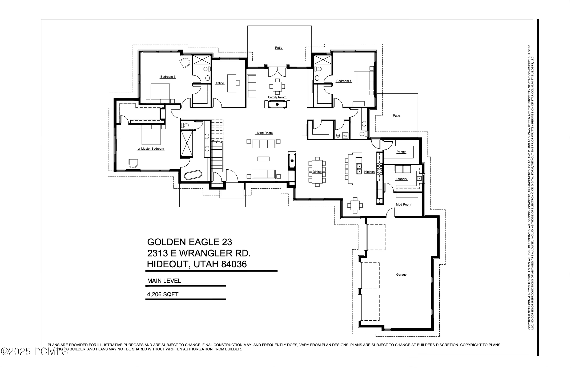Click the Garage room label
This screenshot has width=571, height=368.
401,275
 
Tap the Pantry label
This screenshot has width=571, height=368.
401,152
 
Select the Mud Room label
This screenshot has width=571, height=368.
403,205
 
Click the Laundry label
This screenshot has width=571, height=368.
401,179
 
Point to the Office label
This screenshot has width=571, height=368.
220,83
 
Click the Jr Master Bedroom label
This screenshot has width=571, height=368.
151,149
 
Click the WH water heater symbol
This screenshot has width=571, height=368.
338,136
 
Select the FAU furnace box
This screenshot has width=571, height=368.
345,136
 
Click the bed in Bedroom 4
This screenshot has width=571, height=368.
364,80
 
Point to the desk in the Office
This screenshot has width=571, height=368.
232,83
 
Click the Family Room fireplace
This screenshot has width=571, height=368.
277,104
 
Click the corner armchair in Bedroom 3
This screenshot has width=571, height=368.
184,63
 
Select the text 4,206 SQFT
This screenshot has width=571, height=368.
163,295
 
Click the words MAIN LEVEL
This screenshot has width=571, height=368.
164,281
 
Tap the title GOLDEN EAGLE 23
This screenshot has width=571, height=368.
190,242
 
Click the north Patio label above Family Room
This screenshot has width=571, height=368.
279,48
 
